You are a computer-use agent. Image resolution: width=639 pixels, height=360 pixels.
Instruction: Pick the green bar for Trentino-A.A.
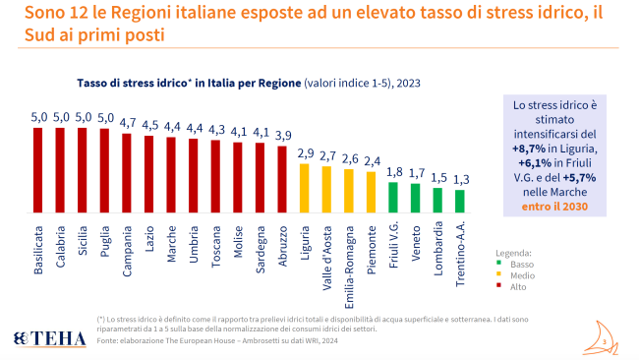click(460, 201)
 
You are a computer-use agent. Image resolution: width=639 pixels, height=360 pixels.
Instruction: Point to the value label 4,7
click(127, 123)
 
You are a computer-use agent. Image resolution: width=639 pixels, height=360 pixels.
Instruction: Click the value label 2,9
click(305, 153)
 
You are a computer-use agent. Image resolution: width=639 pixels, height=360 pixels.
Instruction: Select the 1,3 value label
click(460, 179)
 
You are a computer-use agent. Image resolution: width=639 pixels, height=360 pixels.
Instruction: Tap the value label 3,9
click(282, 135)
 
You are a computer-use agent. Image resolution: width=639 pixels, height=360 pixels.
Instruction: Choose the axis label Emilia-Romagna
click(349, 255)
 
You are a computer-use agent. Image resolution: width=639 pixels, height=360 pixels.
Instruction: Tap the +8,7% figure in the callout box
click(531, 147)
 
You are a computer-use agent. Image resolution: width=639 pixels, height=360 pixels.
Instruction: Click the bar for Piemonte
click(372, 193)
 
